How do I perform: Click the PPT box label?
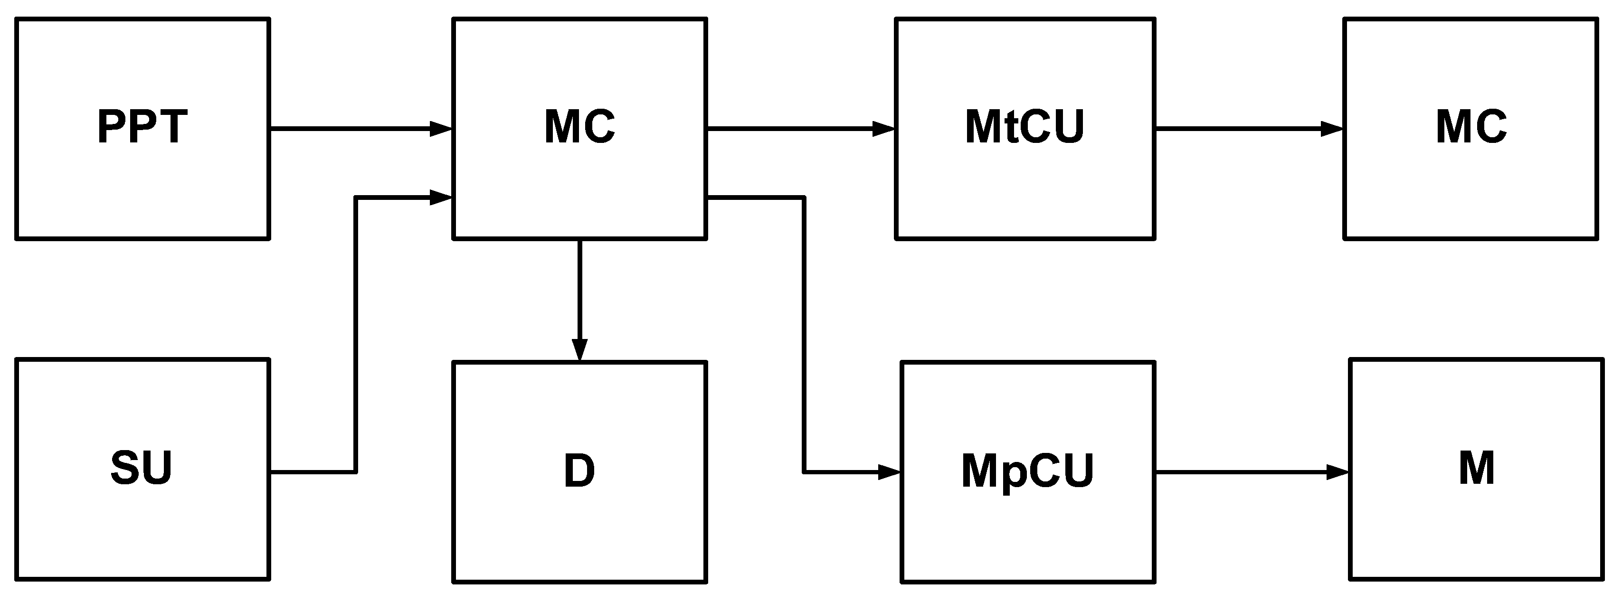point(142,128)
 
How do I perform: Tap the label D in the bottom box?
point(579,471)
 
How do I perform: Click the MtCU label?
point(1024,128)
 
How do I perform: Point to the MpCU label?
point(1028,471)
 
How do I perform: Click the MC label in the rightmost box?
point(1471,128)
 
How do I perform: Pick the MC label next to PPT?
point(579,128)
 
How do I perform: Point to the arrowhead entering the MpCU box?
point(889,471)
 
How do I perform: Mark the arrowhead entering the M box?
point(1337,471)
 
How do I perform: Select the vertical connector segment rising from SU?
point(356,334)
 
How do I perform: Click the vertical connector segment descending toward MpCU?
point(804,334)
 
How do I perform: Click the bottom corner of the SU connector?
point(356,471)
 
